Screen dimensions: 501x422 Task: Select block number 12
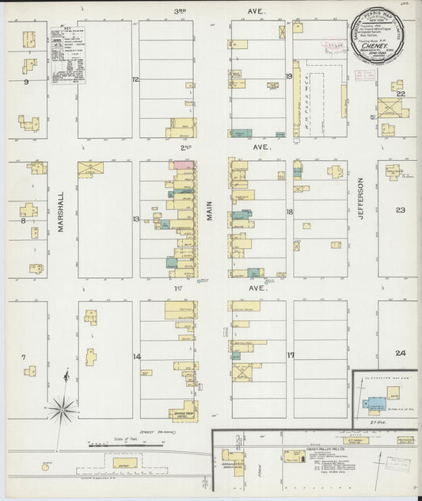click(135, 79)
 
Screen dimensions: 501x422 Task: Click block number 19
click(290, 77)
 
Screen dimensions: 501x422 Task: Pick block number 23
click(401, 210)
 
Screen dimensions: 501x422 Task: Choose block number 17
click(290, 354)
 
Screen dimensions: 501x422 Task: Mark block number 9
click(26, 82)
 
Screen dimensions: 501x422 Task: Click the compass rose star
click(61, 409)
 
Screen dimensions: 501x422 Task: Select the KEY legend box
click(68, 55)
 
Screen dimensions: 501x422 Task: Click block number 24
click(401, 353)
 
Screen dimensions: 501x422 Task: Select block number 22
click(401, 94)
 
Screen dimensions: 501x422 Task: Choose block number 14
click(136, 357)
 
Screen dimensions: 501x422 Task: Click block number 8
click(24, 220)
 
